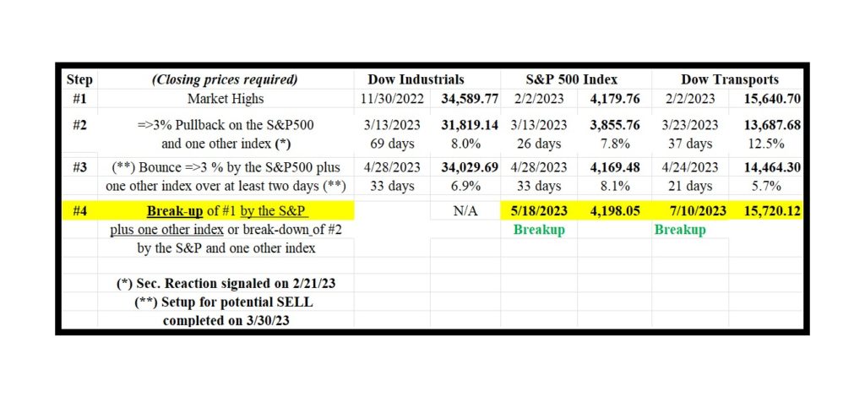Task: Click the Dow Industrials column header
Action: tap(415, 79)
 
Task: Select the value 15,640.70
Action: tap(770, 99)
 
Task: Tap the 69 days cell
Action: tap(391, 144)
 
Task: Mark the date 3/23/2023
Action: tap(688, 125)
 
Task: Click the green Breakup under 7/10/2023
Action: tap(680, 230)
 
